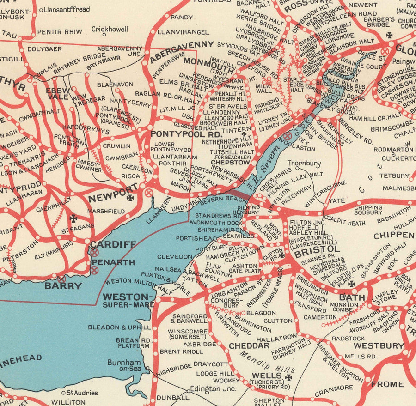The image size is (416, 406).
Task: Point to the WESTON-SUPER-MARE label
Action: pos(128,300)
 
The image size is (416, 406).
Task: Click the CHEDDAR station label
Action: pos(249,345)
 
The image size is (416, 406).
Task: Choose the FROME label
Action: pos(387,384)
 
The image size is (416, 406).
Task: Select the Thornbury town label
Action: pos(304,163)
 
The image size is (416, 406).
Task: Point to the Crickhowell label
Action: pos(110,29)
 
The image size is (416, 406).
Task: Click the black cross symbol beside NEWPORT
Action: pos(130,198)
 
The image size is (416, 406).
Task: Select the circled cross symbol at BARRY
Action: pos(62,279)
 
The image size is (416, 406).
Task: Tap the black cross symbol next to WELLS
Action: pos(288,377)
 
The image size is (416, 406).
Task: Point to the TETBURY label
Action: pos(394,176)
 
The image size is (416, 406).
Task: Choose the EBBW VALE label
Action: pos(58,94)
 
